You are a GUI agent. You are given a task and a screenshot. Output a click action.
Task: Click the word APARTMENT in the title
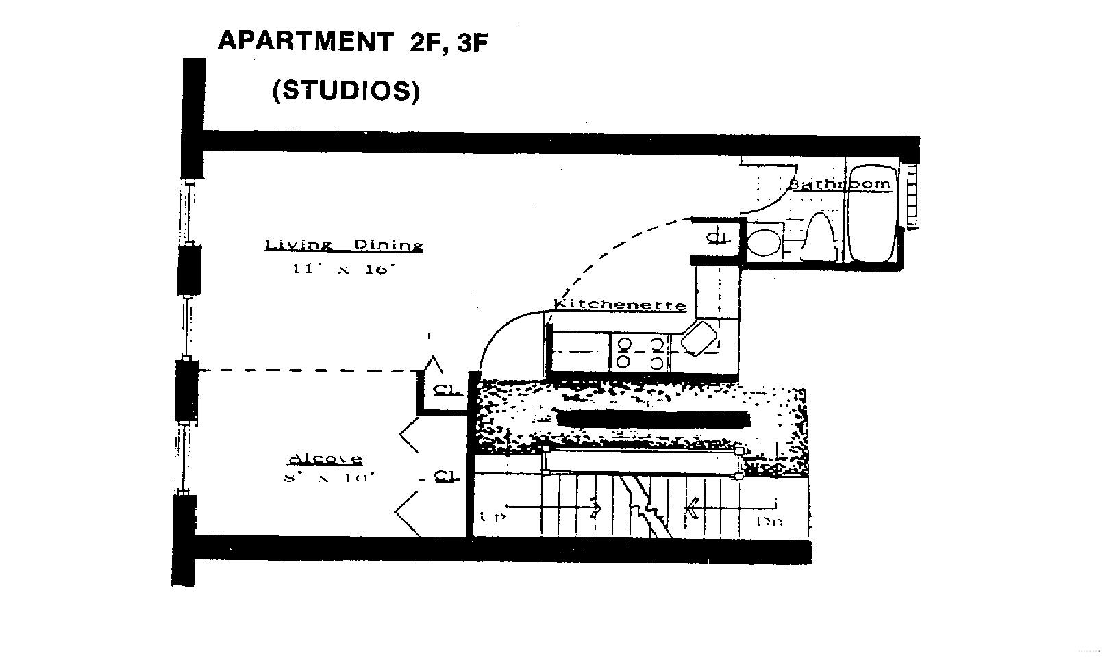[x=304, y=41]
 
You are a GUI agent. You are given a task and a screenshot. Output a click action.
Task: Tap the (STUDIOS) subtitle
[x=346, y=90]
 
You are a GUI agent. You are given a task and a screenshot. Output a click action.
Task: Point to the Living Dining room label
[x=344, y=245]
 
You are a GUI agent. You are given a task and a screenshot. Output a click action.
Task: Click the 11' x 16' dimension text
[x=345, y=269]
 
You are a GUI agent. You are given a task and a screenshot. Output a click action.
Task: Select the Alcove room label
[x=325, y=458]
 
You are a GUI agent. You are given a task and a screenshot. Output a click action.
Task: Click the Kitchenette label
[x=620, y=305]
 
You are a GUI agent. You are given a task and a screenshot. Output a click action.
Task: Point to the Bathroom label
[x=841, y=183]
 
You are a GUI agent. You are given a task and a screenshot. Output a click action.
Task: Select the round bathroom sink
[x=762, y=241]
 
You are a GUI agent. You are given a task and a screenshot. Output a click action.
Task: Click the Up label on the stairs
[x=491, y=518]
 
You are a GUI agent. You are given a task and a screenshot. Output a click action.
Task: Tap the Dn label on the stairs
[x=769, y=522]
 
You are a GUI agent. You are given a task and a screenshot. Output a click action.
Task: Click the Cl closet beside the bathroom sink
[x=717, y=238]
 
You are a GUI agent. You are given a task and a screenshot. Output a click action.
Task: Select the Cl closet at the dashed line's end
[x=446, y=390]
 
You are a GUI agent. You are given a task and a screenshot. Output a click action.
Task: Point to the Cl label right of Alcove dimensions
[x=446, y=476]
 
